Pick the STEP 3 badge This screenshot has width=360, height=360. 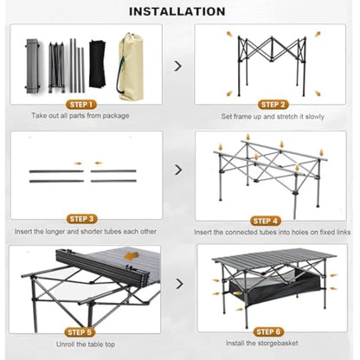point(81,220)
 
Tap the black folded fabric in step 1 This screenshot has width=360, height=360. point(100,62)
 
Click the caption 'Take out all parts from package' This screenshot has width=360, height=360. point(80,116)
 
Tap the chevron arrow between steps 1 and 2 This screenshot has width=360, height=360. point(178,65)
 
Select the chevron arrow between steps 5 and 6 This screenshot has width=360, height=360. point(178,283)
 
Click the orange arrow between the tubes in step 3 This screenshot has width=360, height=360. point(80,164)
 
